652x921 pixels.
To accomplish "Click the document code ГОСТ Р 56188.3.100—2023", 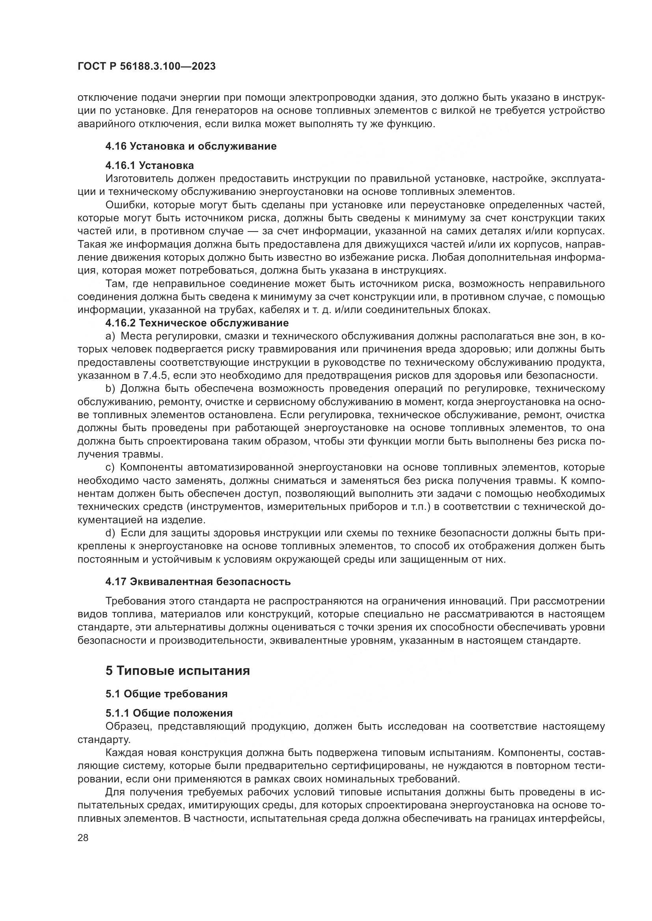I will [147, 66].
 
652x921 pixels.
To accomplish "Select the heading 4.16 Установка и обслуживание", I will [191, 146].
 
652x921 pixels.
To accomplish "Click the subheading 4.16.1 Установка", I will [149, 165].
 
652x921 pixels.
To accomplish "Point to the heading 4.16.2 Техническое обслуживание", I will [197, 323].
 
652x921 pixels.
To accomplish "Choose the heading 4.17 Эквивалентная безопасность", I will [198, 582].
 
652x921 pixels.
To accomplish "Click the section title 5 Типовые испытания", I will [177, 671].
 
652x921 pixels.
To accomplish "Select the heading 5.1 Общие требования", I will [166, 694].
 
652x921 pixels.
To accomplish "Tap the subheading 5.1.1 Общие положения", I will [169, 713].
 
